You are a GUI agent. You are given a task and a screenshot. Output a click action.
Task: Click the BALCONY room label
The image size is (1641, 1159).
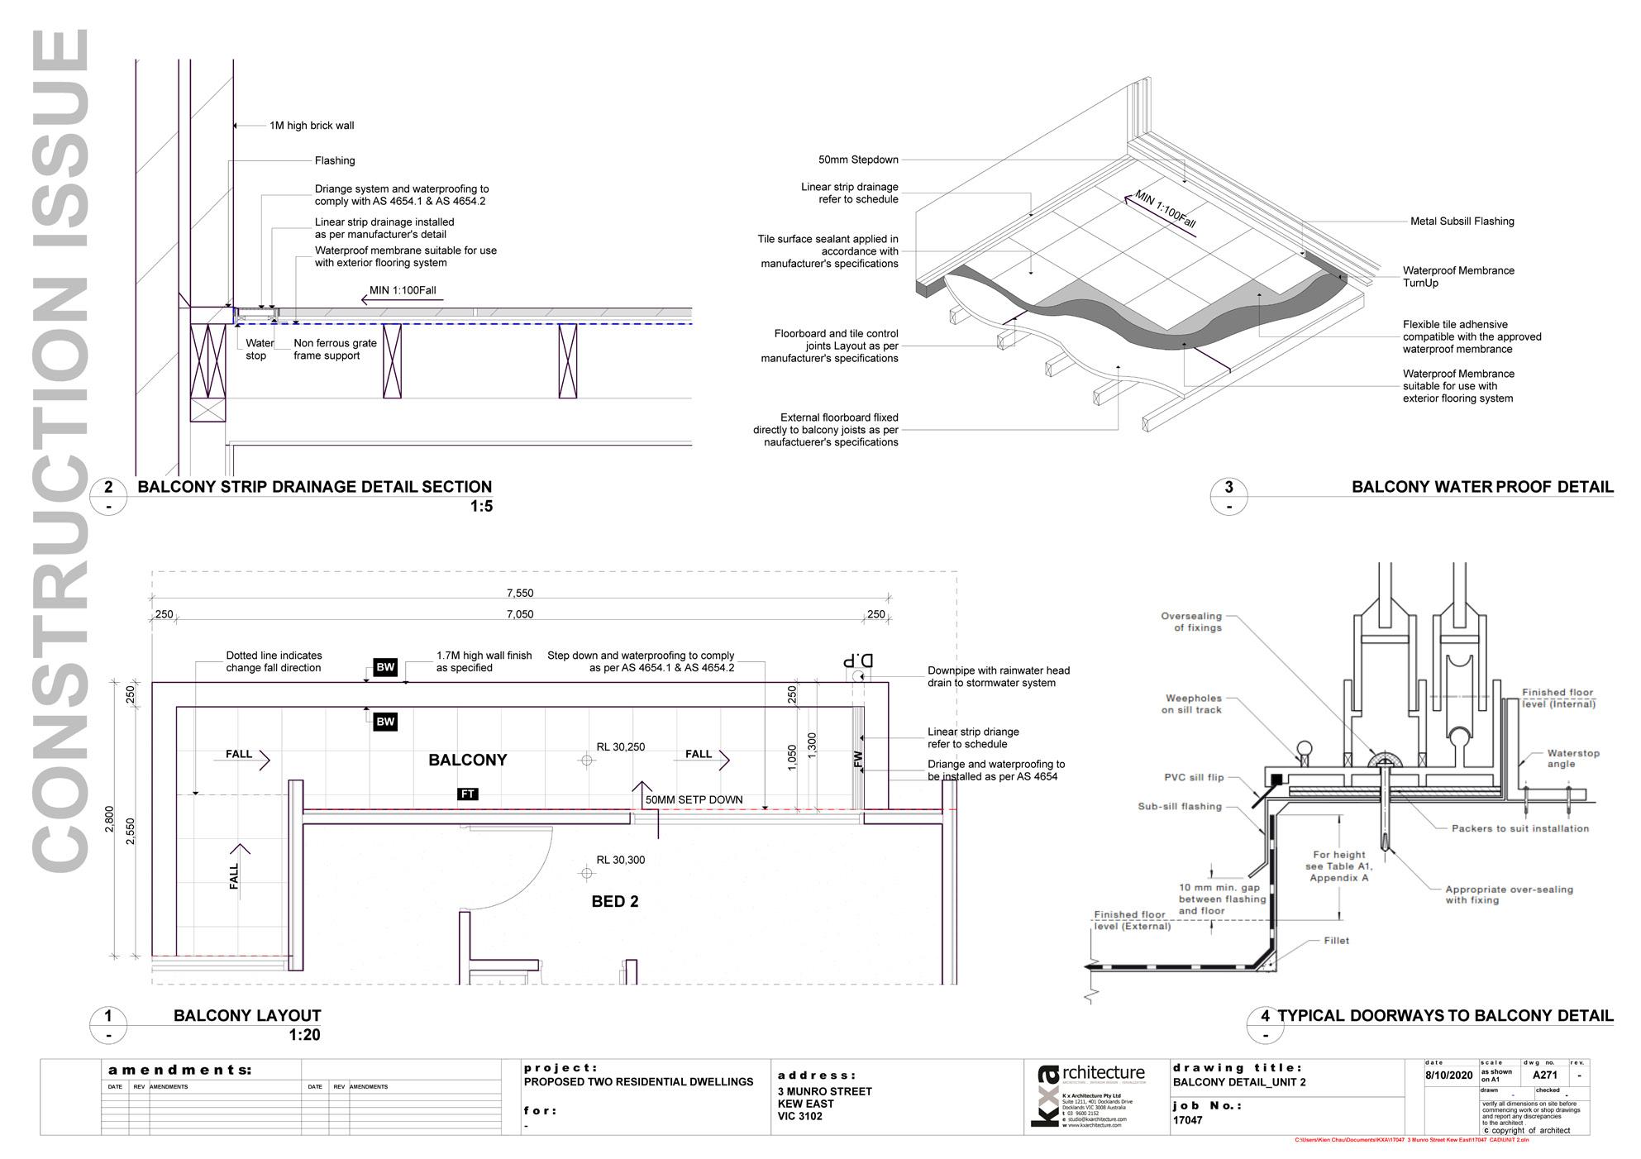[x=467, y=760]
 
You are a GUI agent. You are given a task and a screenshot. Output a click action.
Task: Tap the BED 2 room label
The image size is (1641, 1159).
[x=614, y=901]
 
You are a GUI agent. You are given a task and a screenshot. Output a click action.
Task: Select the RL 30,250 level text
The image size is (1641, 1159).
[x=620, y=746]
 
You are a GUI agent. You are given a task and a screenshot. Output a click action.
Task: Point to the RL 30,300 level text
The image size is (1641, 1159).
[x=620, y=860]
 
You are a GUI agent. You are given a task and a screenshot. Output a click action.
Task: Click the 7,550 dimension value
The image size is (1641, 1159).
[x=520, y=593]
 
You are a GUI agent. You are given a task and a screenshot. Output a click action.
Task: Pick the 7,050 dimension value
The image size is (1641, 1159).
[x=520, y=614]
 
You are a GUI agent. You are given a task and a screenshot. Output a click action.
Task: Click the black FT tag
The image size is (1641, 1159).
[x=468, y=794]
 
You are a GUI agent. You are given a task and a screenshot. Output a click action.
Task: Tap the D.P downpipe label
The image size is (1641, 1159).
[x=857, y=661]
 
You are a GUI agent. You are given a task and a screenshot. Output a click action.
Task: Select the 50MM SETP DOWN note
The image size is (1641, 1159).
[x=694, y=799]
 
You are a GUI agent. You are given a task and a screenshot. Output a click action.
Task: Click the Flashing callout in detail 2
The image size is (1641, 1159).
[x=335, y=160]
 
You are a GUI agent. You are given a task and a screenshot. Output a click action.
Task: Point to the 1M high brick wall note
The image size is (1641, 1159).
[x=312, y=126]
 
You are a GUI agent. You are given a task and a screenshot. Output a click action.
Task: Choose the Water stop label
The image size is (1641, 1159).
[x=259, y=349]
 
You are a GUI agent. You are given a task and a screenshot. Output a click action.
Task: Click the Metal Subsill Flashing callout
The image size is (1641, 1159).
[x=1462, y=221]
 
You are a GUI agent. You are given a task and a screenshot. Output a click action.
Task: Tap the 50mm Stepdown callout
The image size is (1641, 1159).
[x=858, y=160]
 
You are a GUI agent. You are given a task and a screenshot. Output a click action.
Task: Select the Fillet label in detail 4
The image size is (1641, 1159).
[x=1336, y=940]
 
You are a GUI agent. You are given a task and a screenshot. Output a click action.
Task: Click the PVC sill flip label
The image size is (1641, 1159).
[x=1194, y=777]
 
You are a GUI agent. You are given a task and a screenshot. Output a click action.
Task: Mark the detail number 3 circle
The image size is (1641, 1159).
[x=1229, y=487]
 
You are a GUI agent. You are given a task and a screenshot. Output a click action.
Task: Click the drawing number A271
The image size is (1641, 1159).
[x=1544, y=1076]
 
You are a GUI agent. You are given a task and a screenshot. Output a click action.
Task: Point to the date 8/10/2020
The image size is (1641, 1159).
[x=1449, y=1076]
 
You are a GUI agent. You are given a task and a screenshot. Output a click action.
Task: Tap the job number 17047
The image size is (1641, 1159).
[x=1187, y=1120]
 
